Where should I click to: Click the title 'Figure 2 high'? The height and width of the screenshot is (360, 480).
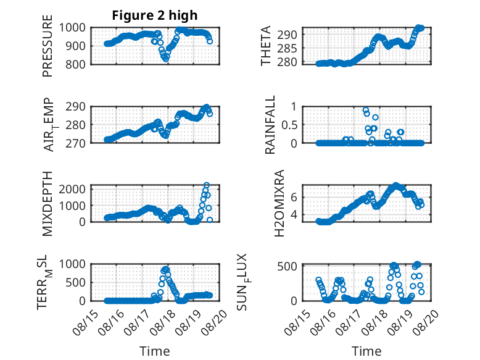(155, 15)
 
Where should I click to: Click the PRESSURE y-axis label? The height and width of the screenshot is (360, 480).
(48, 46)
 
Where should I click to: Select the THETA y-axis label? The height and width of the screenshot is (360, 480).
(266, 46)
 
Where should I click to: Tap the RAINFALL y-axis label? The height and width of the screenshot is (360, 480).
(270, 125)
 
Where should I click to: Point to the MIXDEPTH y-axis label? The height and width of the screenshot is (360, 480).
(48, 204)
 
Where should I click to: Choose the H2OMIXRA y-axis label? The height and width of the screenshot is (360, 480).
(279, 203)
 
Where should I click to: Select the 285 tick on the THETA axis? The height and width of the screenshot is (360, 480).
(287, 48)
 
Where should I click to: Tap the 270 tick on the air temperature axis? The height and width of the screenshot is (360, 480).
(75, 143)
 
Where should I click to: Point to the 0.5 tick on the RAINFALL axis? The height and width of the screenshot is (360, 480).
(289, 125)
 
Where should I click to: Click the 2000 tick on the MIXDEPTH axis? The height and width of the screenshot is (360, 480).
(73, 189)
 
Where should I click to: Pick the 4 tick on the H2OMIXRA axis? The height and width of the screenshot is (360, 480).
(294, 214)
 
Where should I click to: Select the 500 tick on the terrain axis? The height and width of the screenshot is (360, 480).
(75, 282)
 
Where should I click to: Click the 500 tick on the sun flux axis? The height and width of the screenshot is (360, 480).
(287, 266)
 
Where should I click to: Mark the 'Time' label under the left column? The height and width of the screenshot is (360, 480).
(155, 351)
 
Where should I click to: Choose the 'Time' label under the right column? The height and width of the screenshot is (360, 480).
(366, 351)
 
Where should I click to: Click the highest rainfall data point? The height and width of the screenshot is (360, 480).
(365, 110)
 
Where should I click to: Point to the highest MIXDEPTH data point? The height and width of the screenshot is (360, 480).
(207, 185)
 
